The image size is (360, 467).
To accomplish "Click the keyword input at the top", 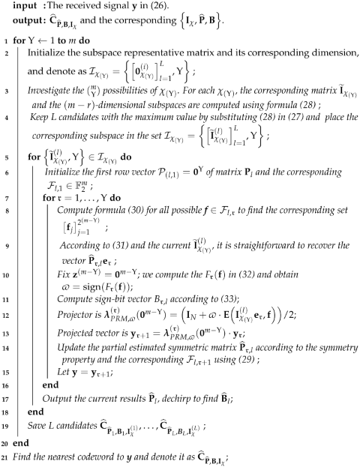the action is point(16,6).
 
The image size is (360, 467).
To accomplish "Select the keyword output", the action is point(18,20).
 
